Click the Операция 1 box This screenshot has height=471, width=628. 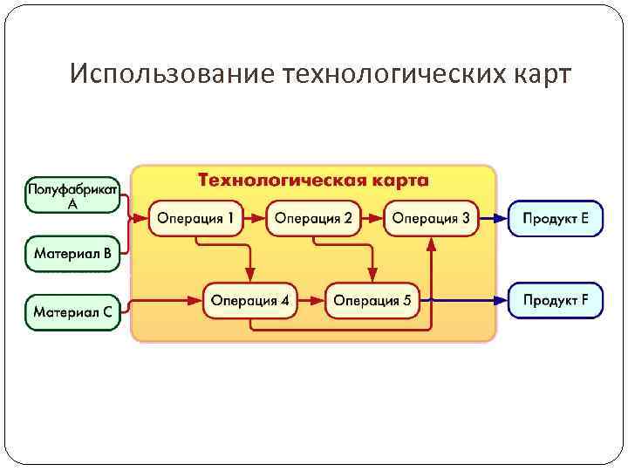(x=195, y=218)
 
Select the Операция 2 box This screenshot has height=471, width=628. (x=313, y=218)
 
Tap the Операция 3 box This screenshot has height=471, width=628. (x=431, y=218)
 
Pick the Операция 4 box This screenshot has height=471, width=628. (x=249, y=301)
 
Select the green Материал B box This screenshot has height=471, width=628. (x=72, y=254)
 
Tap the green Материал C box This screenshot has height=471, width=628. (x=72, y=311)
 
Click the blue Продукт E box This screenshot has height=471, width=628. (x=556, y=218)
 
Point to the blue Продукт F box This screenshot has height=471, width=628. (x=556, y=301)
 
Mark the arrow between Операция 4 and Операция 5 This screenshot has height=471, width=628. (x=311, y=301)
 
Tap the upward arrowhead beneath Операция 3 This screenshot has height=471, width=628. (x=431, y=244)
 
